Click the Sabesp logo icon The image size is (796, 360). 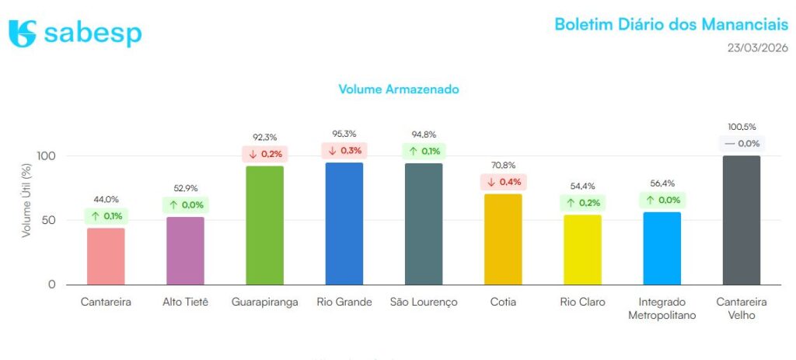pos(23,33)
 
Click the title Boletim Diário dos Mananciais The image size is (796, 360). pos(671,23)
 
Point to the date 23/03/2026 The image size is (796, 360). pos(757,47)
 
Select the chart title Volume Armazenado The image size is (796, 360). pos(399,89)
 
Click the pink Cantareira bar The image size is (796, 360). pos(106,256)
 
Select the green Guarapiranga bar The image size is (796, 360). pos(265,225)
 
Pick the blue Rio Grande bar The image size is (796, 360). pos(344,223)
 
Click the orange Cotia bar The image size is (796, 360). pos(503,239)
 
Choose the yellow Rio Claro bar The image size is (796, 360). pos(582,250)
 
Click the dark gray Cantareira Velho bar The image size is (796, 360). pos(742,220)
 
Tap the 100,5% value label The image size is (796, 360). pos(742,127)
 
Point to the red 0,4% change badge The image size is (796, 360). pos(503,182)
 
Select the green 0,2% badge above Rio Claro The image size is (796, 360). pos(582,203)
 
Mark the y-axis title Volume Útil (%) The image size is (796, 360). pos(26,201)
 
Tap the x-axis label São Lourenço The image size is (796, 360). pos(424,302)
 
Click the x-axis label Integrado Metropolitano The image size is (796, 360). pos(662,308)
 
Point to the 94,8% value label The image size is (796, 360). pos(424,135)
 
